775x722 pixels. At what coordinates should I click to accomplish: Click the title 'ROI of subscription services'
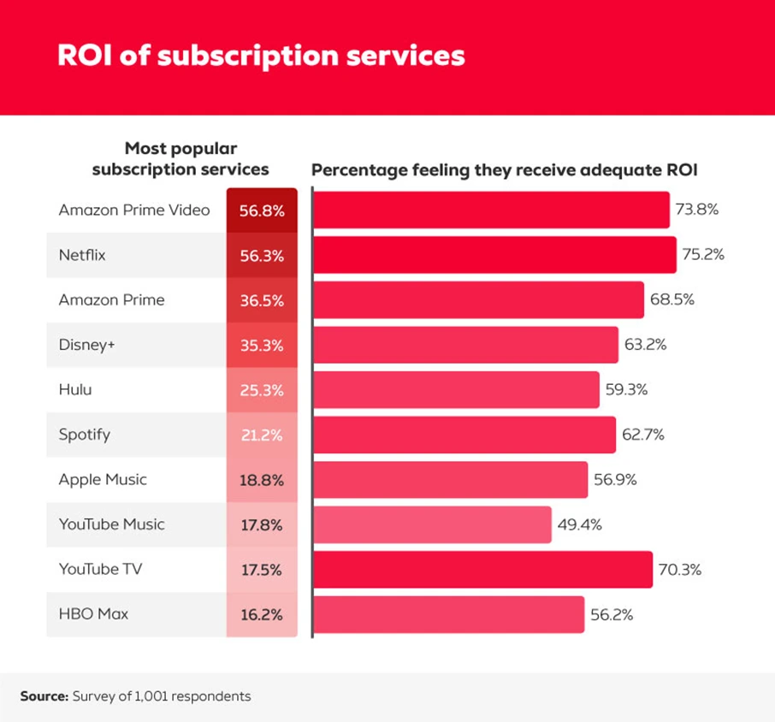[261, 55]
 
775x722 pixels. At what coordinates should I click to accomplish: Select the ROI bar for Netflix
[494, 255]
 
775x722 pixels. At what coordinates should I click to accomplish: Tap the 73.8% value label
[696, 210]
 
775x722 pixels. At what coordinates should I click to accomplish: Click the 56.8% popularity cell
[262, 210]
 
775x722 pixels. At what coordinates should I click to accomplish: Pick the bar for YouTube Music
[432, 524]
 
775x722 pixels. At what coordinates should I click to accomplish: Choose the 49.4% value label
[579, 524]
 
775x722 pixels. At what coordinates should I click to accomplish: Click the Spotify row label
[84, 435]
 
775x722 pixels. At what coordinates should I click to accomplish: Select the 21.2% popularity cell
[262, 435]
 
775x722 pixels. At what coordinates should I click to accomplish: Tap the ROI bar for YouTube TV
[482, 569]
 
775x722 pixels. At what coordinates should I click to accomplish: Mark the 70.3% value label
[680, 569]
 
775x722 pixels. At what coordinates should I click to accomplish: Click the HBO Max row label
[93, 613]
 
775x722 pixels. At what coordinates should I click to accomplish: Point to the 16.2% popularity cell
[262, 614]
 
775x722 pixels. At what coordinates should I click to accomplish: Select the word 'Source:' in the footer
[44, 696]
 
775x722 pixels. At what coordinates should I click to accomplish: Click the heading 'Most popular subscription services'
[180, 159]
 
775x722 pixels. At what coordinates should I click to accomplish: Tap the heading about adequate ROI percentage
[505, 169]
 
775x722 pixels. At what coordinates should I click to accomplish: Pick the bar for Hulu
[456, 389]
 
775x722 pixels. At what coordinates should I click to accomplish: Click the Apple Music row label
[103, 479]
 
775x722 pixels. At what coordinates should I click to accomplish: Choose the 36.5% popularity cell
[262, 300]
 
